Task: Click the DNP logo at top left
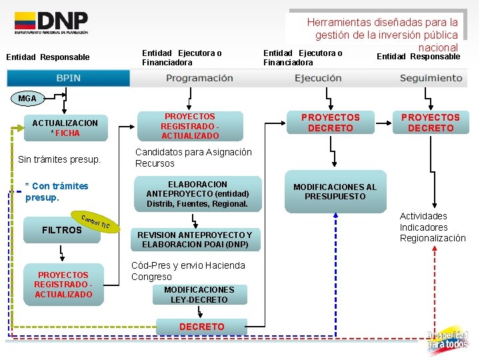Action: pos(51,23)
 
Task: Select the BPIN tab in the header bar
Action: pos(69,78)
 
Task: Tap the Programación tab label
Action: pos(199,78)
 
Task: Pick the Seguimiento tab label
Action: pos(431,78)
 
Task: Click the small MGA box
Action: pos(27,99)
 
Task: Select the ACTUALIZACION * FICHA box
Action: pos(65,128)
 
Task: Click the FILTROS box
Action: pos(61,230)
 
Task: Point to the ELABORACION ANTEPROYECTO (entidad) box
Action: pos(197,194)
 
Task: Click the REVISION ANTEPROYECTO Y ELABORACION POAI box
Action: pos(194,240)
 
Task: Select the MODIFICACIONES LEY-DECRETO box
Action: pos(199,295)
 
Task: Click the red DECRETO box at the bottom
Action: pos(201,327)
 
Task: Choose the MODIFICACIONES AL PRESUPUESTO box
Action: pos(335,192)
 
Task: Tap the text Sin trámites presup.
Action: pos(59,160)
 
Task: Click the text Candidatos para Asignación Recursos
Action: pos(193,157)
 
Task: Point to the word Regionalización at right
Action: pos(433,238)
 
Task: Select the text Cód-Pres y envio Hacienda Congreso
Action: pos(188,271)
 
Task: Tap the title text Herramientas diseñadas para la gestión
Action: pos(382,29)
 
